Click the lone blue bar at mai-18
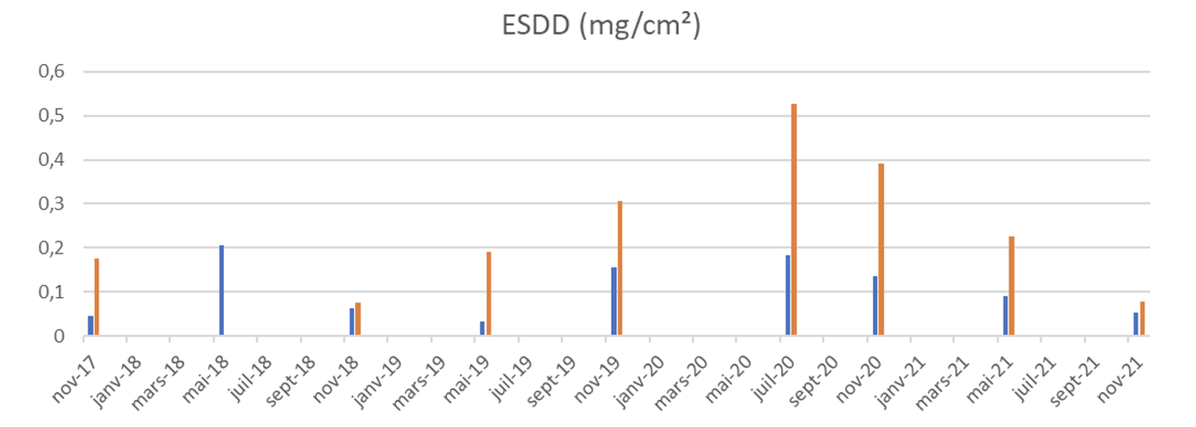[x=221, y=290]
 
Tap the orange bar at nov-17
[x=97, y=297]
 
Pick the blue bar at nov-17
[x=90, y=326]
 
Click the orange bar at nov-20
[x=881, y=249]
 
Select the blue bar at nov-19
[x=614, y=301]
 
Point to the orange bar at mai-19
[x=489, y=294]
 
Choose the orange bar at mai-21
[x=1012, y=286]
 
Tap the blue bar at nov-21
[x=1136, y=324]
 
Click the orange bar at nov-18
[x=358, y=319]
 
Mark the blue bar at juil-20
[x=788, y=296]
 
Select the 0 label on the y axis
[x=58, y=336]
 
